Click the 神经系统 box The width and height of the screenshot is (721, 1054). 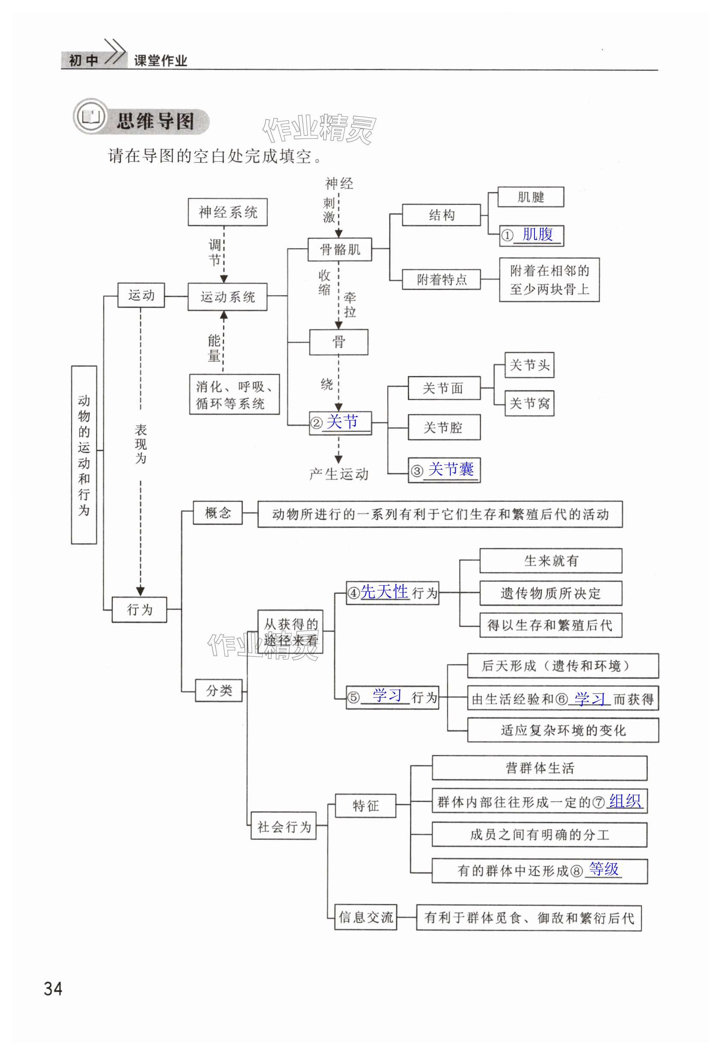tap(227, 212)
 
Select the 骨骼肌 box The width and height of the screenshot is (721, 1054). tap(339, 249)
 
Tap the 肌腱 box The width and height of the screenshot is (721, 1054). tap(531, 197)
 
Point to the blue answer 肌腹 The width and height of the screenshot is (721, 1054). tap(538, 234)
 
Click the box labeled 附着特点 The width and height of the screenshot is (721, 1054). tap(441, 279)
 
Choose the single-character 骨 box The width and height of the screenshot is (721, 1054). tap(338, 342)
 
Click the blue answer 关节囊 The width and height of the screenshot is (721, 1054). tap(451, 469)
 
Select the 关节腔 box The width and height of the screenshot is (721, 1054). tap(444, 427)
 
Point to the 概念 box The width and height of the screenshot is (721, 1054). tap(218, 512)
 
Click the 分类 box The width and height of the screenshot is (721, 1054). tap(219, 690)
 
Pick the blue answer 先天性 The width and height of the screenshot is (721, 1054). tap(384, 592)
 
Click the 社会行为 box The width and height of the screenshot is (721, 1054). tap(284, 826)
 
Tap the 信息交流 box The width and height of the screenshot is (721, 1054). tap(365, 917)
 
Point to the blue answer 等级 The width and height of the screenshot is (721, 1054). tap(603, 869)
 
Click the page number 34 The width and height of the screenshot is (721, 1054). tap(53, 989)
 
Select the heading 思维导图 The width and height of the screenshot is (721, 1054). tap(156, 121)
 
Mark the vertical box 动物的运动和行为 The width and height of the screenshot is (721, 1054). tap(84, 454)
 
